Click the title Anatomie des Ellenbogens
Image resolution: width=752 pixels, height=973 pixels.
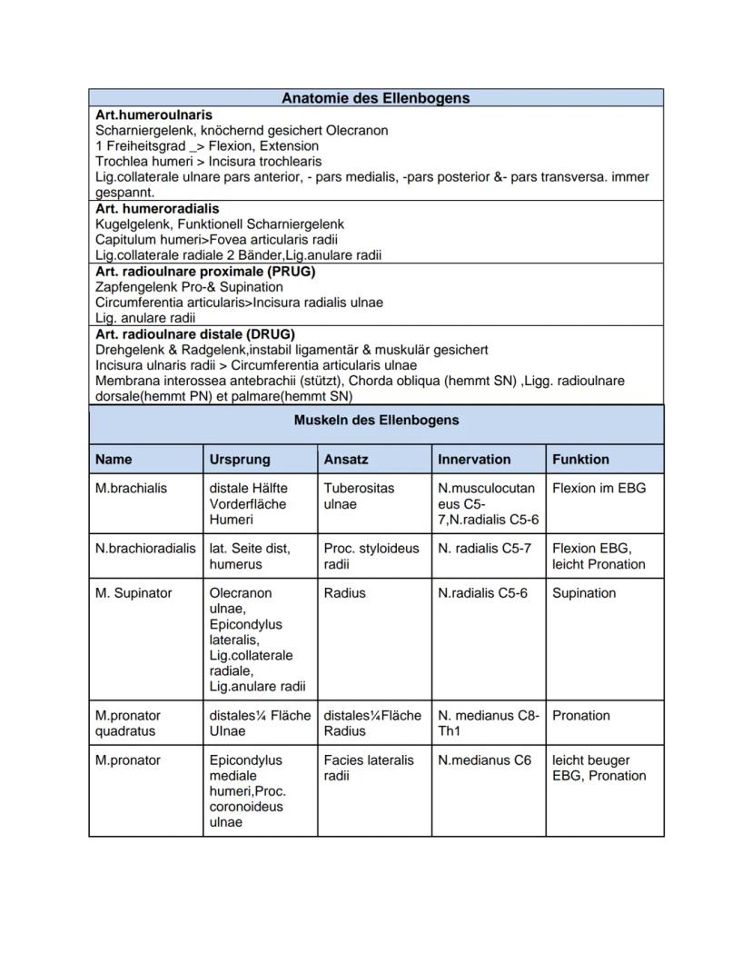[x=375, y=98]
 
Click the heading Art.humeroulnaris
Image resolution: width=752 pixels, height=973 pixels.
[x=153, y=114]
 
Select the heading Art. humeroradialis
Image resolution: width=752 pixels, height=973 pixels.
[x=157, y=208]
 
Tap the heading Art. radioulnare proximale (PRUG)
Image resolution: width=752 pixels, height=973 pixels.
[x=205, y=271]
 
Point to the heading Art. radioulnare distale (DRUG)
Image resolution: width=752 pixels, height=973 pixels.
[x=194, y=333]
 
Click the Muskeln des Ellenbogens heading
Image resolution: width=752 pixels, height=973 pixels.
[x=376, y=421]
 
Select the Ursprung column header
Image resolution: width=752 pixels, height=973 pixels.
[x=240, y=460]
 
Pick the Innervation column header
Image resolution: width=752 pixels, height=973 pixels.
[x=474, y=460]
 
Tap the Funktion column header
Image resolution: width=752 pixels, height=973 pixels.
[x=580, y=460]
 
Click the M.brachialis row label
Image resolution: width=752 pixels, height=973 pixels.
[x=131, y=488]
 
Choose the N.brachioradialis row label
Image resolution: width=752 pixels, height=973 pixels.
[x=145, y=549]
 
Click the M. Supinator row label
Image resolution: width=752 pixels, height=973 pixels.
[x=134, y=593]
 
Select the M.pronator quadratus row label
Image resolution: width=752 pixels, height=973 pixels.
[x=128, y=723]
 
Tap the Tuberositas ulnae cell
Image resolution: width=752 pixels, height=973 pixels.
[x=359, y=496]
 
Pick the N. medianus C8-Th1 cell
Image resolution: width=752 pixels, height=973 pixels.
[x=488, y=723]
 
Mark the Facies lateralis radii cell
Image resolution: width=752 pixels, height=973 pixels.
[x=368, y=768]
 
